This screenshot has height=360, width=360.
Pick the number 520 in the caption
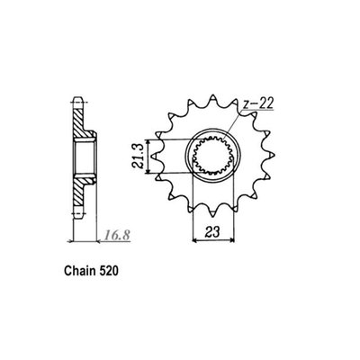(120, 269)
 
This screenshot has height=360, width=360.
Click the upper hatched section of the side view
(78, 117)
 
